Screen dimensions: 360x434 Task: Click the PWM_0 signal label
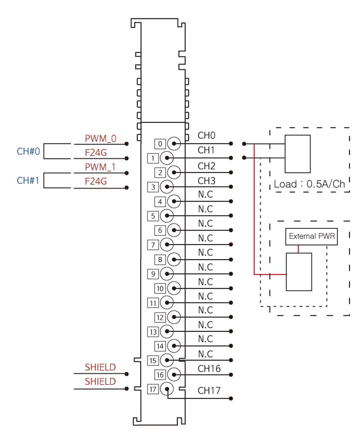100,139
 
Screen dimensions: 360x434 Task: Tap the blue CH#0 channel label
28,151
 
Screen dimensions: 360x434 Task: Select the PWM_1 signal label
100,167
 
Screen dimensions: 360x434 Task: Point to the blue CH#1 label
28,181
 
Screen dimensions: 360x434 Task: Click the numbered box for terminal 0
160,144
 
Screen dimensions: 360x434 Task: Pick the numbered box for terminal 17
153,390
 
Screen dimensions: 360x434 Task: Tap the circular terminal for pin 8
174,259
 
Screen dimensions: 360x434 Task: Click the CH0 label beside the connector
206,135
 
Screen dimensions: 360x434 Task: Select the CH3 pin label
206,181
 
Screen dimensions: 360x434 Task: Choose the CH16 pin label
209,369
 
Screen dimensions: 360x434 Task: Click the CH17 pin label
209,390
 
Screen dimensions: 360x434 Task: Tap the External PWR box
311,236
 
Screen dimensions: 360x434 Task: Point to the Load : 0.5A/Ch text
310,184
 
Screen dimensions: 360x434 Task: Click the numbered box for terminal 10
160,288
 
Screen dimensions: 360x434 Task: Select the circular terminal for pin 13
167,332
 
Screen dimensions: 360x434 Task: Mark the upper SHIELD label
100,367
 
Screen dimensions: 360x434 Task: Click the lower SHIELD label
100,382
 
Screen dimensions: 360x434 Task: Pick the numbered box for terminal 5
153,216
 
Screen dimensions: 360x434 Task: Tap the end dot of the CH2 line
231,173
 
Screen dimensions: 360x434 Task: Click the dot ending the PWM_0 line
127,144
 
